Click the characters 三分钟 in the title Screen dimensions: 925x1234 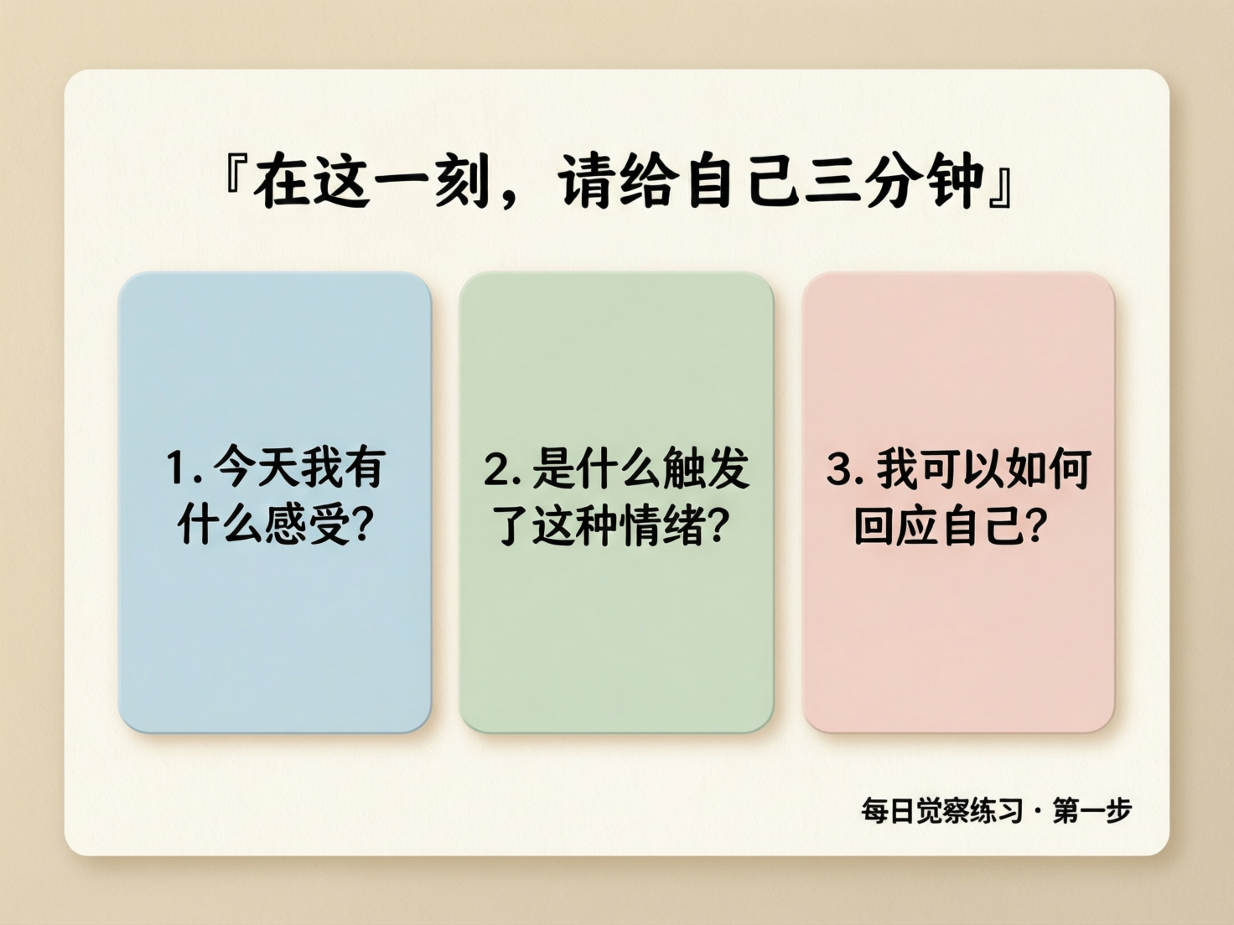tap(894, 181)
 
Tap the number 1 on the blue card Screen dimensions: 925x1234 tap(176, 468)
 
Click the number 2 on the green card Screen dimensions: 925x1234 tap(495, 470)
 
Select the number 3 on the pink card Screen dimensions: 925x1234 tap(838, 469)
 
